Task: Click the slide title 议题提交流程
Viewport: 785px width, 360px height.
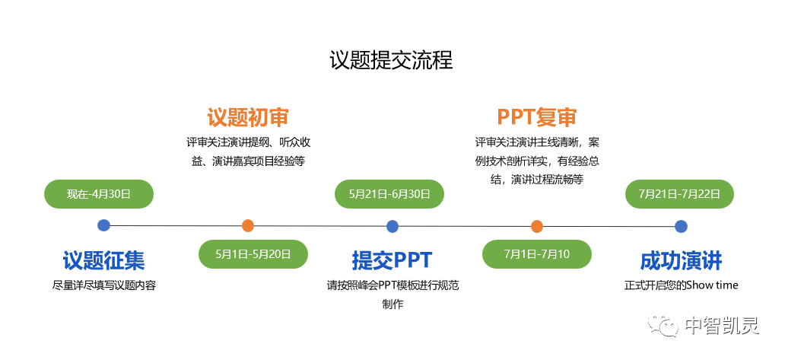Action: [392, 60]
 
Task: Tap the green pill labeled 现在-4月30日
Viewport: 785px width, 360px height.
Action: [99, 194]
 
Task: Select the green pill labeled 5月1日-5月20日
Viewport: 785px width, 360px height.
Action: [253, 254]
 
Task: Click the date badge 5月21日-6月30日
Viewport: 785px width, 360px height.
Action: [389, 194]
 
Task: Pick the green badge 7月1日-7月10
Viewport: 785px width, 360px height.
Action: [537, 254]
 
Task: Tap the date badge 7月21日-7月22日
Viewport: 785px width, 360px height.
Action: [680, 194]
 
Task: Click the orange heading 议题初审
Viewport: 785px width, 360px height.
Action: [248, 117]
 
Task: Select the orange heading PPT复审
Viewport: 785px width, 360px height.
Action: [537, 117]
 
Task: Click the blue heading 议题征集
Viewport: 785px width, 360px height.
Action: [103, 261]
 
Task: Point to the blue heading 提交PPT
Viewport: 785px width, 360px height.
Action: [392, 261]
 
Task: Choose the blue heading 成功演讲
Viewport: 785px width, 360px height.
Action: [681, 261]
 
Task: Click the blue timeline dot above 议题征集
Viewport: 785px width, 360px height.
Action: [104, 225]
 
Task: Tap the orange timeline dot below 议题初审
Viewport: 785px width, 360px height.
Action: [248, 225]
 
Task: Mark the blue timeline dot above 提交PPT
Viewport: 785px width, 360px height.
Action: [392, 226]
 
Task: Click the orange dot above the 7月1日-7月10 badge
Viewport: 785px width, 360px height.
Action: [537, 226]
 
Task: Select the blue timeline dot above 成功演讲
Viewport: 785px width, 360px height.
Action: [682, 226]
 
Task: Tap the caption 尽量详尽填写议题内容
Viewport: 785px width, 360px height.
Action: [104, 285]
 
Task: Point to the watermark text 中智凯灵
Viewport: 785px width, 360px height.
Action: [722, 326]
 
